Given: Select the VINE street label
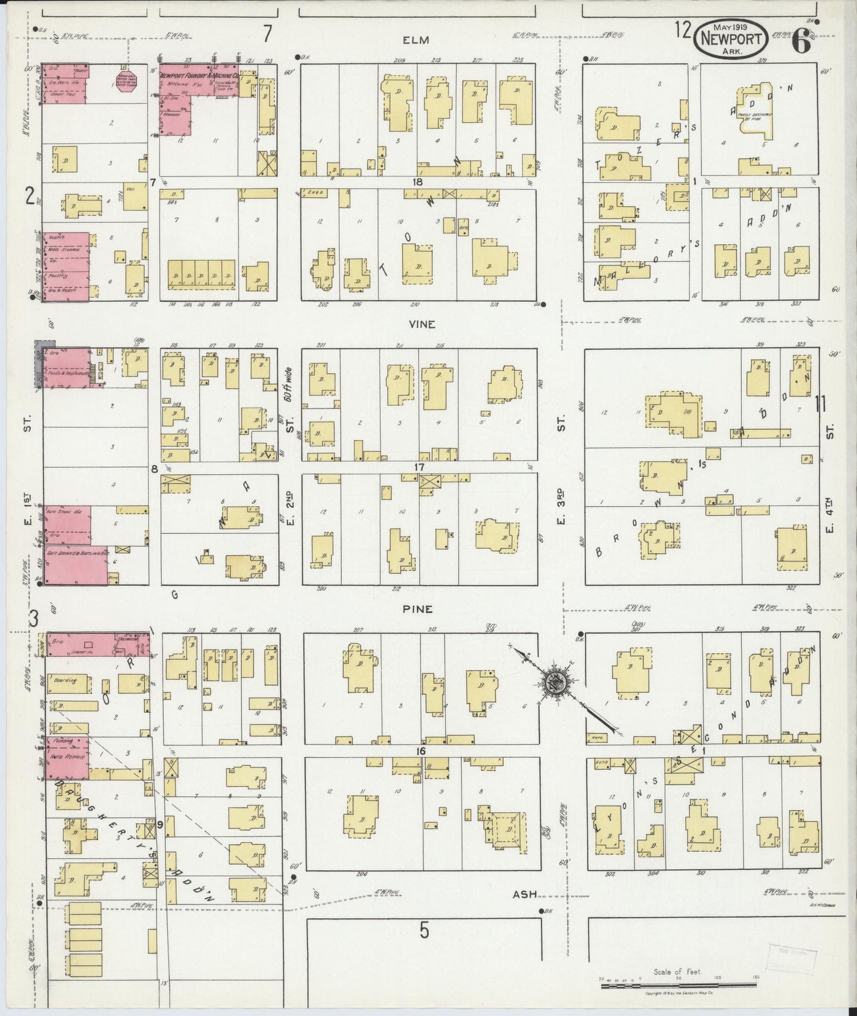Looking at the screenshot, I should [422, 324].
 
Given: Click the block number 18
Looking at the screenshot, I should [418, 182].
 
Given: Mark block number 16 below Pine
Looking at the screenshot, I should [422, 752].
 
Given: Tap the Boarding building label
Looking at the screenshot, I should [66, 680].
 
